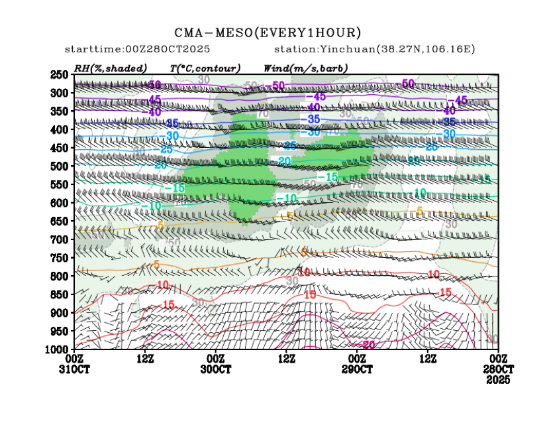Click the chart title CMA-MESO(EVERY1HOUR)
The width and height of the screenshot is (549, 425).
268,32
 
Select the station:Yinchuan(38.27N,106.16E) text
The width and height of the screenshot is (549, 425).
374,50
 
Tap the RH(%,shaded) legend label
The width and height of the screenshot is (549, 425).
111,68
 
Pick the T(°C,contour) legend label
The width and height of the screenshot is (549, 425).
205,68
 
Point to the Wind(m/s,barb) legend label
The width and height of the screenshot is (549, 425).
305,68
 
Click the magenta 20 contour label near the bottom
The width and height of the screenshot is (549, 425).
369,345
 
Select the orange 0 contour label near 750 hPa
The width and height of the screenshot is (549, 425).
304,252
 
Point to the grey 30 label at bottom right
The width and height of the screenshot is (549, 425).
492,339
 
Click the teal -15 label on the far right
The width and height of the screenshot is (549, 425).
485,180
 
